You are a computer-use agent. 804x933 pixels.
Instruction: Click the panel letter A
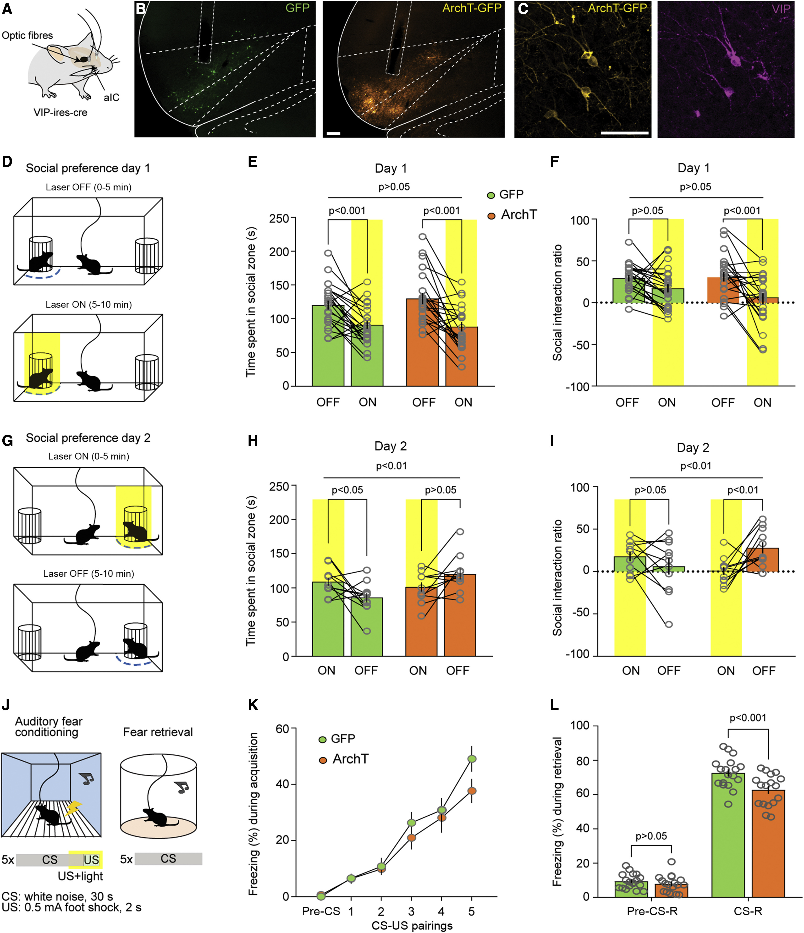(x=7, y=9)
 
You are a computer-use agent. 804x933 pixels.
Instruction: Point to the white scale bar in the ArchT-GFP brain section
(x=333, y=133)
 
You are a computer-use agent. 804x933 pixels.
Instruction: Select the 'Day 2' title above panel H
(x=391, y=446)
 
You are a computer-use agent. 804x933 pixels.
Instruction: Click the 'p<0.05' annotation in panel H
(x=347, y=490)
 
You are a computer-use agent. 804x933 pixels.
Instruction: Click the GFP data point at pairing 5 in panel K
(x=472, y=759)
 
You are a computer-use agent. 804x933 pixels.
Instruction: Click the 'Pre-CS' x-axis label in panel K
(x=321, y=911)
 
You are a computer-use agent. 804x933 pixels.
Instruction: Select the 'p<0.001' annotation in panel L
(x=748, y=718)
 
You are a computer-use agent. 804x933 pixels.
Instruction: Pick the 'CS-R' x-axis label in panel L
(x=748, y=911)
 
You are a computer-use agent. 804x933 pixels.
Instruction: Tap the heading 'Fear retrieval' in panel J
(x=158, y=732)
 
